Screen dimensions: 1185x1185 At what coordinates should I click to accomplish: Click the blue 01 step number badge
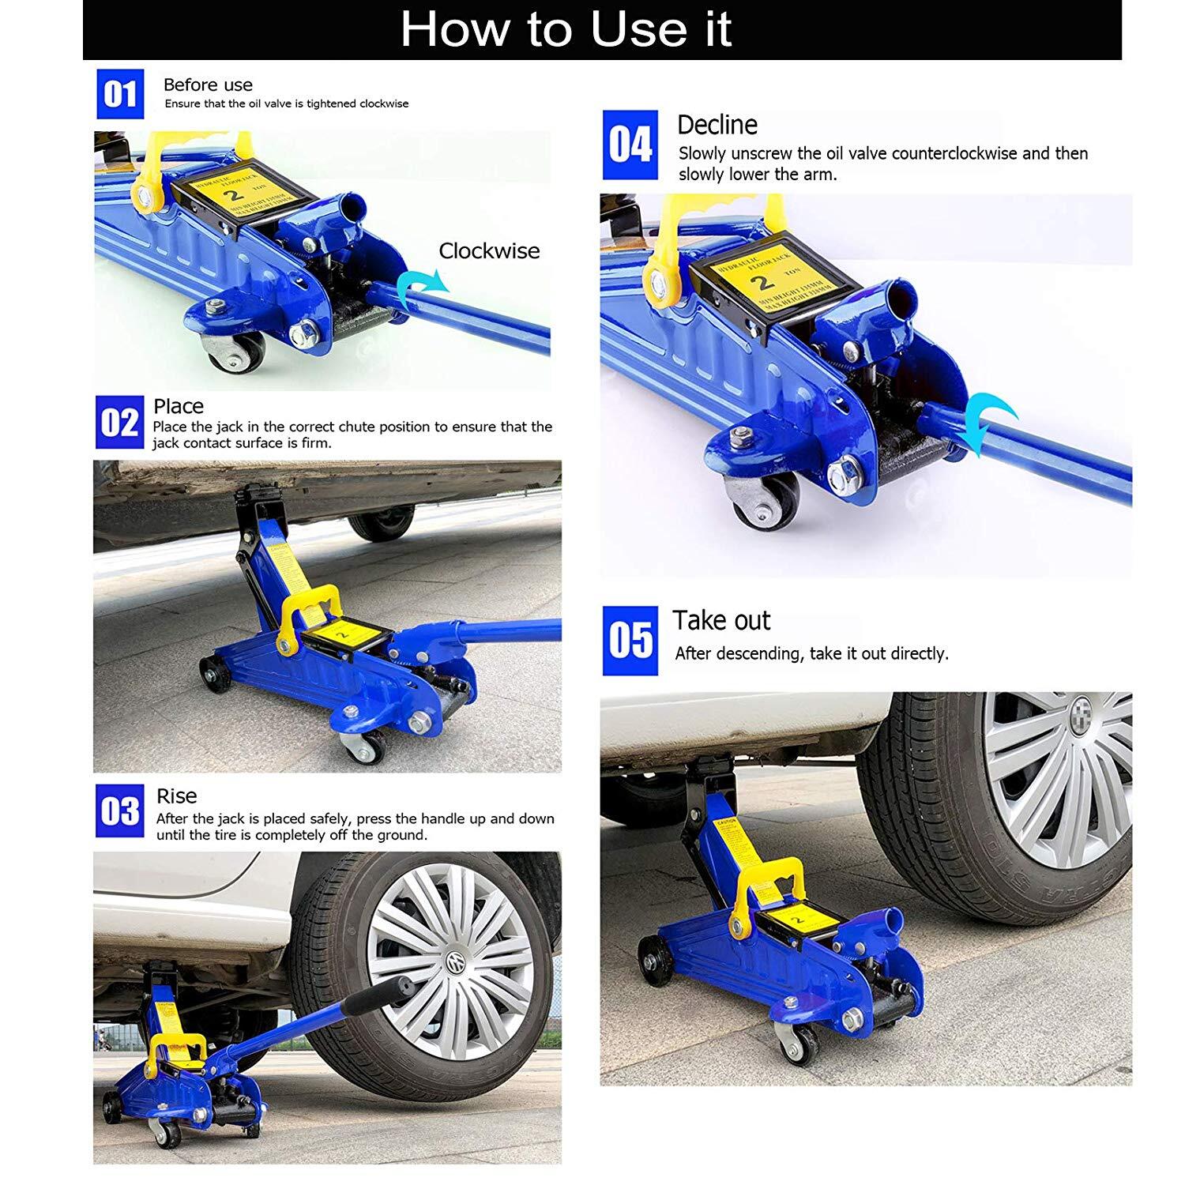click(x=120, y=94)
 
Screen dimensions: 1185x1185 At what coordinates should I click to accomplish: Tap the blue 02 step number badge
click(x=119, y=422)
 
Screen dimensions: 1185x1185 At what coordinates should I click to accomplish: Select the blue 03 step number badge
click(x=119, y=811)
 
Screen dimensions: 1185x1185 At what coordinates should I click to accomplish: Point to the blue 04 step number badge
click(x=630, y=145)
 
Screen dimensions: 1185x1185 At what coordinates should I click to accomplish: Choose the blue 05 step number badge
click(x=630, y=641)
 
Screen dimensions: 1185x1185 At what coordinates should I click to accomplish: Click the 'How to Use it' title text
click(x=566, y=30)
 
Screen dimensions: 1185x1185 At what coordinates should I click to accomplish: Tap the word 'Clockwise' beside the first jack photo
click(x=489, y=251)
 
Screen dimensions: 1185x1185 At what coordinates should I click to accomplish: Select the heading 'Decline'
click(x=717, y=125)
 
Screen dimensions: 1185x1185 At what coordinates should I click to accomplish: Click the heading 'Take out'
click(x=720, y=621)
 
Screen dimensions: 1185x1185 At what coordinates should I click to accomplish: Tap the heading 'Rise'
click(x=176, y=796)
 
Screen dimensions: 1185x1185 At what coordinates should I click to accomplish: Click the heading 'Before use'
click(x=208, y=85)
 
